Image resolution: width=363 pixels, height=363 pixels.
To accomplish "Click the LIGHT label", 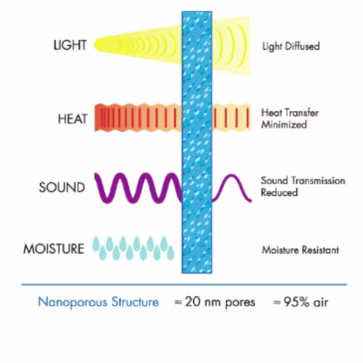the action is (x=70, y=45).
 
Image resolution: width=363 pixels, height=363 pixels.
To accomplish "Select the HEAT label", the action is (x=73, y=119).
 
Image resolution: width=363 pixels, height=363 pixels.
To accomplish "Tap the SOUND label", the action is (x=62, y=187).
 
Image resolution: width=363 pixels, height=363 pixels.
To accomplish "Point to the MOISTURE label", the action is (x=54, y=249).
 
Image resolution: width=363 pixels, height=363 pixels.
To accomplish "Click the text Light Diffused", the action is (x=291, y=46).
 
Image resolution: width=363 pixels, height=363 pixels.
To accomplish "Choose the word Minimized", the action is (x=284, y=125).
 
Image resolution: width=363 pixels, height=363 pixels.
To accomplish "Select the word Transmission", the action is (x=318, y=181).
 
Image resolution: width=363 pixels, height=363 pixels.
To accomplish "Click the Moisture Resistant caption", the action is (x=300, y=250).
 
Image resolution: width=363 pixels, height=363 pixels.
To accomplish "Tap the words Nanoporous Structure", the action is (x=98, y=302).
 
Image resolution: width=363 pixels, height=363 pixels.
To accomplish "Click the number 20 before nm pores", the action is (x=192, y=302).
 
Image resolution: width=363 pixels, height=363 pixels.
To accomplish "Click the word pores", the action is (x=240, y=303).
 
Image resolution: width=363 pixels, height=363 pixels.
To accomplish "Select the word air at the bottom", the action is (x=321, y=302).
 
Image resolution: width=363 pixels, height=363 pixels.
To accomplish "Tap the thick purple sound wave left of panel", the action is (x=139, y=188).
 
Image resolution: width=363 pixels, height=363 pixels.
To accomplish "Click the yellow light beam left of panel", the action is (x=138, y=45).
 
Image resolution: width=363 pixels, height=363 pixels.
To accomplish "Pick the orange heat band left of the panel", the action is (x=138, y=118).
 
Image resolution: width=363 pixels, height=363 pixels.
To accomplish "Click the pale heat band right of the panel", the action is (x=231, y=118).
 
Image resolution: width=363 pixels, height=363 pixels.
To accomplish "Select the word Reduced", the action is (x=280, y=192).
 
